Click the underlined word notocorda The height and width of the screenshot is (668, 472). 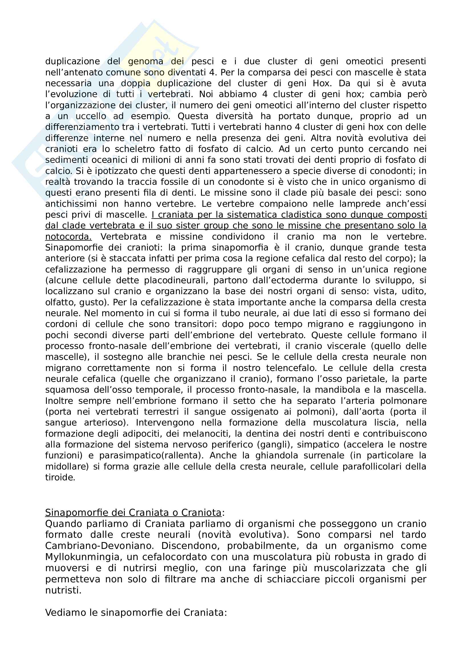coord(68,237)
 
